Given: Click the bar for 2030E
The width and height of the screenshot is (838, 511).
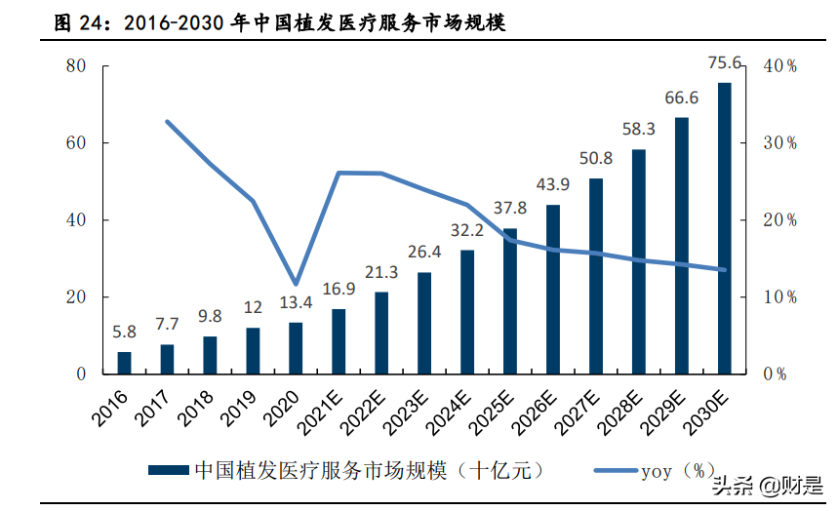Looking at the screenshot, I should pos(724,228).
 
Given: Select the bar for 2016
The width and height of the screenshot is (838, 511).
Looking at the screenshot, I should pos(124,362).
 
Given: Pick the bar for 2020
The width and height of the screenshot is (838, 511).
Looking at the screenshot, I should pos(296,348).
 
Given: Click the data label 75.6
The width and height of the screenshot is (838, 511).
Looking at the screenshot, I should pos(725,64).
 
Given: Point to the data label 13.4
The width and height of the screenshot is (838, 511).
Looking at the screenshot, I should pos(295,304).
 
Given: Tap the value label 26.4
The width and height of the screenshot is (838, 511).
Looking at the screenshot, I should pos(424,254).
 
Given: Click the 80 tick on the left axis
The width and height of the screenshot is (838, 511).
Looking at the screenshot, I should pos(77,65).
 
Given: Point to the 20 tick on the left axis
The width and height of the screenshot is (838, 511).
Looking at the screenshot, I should pos(77,297).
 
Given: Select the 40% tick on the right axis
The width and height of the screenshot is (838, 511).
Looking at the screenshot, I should pos(780,66).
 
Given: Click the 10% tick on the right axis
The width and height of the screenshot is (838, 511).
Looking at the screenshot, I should pos(780,297).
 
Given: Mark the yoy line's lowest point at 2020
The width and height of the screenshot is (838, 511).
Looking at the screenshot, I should pos(296,283).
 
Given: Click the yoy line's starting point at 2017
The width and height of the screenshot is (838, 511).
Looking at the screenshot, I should pos(168,122).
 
